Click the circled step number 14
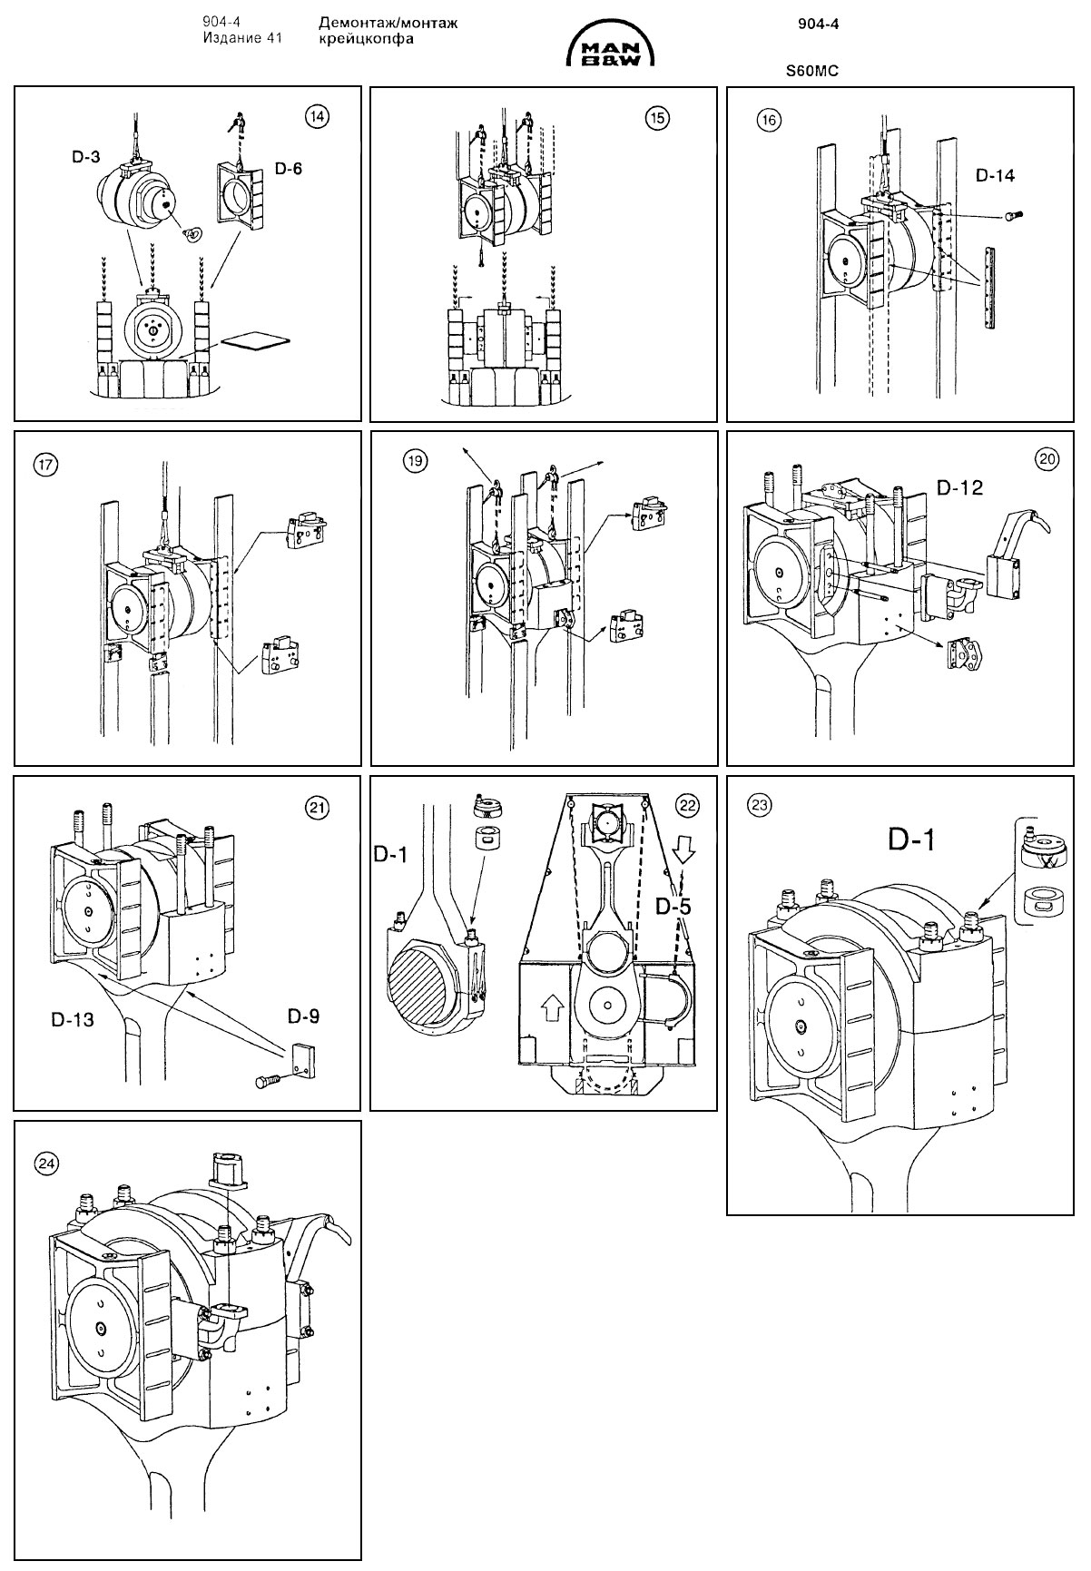[x=317, y=116]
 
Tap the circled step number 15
[x=655, y=116]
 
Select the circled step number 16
[x=770, y=119]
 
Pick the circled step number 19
[x=415, y=461]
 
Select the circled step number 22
[x=688, y=804]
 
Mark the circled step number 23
[x=760, y=804]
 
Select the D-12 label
[x=959, y=488]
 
